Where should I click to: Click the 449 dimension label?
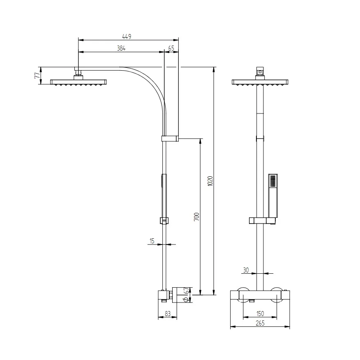pos(127,37)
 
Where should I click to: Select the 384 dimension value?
pos(121,48)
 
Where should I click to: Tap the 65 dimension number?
pos(171,48)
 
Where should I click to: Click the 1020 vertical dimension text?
pos(210,181)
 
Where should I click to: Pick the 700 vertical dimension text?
pos(196,217)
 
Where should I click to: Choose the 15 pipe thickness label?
pos(152,241)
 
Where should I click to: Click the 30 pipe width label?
pos(246,270)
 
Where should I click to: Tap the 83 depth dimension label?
pos(168,314)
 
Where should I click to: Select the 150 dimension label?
pos(260,314)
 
